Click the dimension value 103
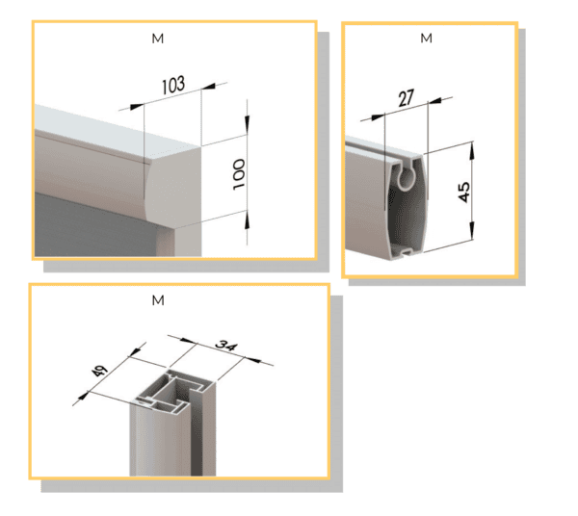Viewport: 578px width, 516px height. coord(173,85)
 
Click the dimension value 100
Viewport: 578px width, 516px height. coord(239,174)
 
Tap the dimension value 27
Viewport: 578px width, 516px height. coord(407,98)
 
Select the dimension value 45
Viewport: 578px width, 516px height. coord(464,192)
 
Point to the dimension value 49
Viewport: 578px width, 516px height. coord(99,370)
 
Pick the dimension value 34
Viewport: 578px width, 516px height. coord(226,345)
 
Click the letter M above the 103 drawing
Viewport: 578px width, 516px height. coord(158,39)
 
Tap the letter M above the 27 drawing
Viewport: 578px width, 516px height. coord(426,38)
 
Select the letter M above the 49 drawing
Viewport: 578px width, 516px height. coord(158,300)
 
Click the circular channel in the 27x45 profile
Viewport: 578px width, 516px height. coord(406,177)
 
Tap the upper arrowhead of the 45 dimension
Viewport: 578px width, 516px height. coord(472,150)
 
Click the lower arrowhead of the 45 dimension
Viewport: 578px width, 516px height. coord(472,230)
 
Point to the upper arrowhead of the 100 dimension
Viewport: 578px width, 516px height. coord(247,124)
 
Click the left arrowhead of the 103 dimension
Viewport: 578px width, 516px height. coord(137,107)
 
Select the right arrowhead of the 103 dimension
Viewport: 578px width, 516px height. coord(208,87)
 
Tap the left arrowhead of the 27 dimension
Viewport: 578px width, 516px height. coord(379,117)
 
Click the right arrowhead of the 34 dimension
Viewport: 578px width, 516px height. coord(252,359)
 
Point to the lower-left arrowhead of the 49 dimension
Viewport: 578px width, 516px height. coord(83,397)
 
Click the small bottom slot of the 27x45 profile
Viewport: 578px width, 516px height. coord(407,252)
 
